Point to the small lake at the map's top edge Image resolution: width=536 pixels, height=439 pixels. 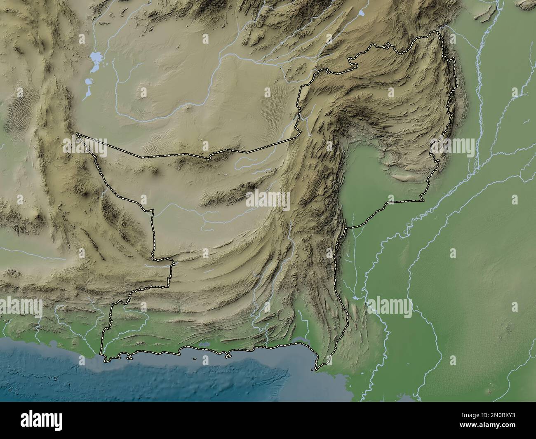click(362, 13)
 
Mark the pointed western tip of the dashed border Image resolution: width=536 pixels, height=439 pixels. click(77, 134)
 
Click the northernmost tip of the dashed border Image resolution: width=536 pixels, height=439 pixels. click(440, 31)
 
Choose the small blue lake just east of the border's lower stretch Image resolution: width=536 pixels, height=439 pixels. click(355, 297)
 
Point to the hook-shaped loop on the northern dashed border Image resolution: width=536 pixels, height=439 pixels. click(351, 63)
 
